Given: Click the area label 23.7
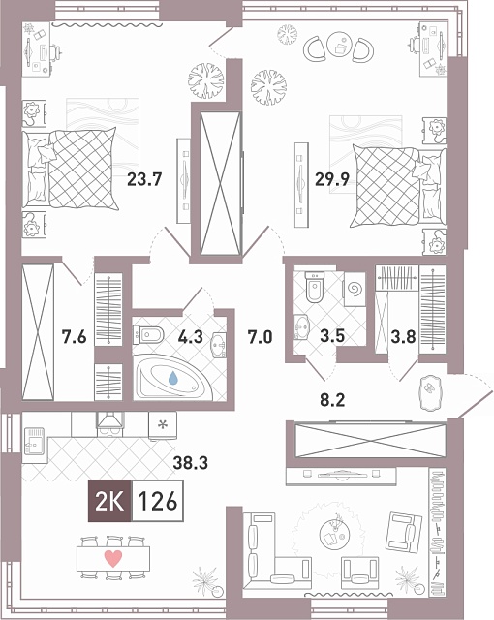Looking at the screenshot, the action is [x=144, y=179].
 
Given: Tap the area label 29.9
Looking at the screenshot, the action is [x=332, y=179].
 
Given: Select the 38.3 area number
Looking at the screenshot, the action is [x=191, y=462].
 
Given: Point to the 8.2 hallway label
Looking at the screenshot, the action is [x=332, y=400].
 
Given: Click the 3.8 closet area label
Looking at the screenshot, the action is [x=403, y=337].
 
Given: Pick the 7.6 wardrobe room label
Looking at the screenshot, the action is [x=74, y=337].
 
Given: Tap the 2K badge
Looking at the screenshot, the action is [x=109, y=501].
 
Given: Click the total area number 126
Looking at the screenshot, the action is [x=158, y=501].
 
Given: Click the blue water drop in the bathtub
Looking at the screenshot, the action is [x=173, y=378].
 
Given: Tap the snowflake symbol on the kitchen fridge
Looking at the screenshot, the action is [x=162, y=425].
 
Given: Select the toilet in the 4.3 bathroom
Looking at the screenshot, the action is [x=148, y=335].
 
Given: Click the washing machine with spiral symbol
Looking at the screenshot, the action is [x=355, y=289].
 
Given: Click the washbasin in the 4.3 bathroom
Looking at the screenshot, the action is [x=219, y=346].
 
